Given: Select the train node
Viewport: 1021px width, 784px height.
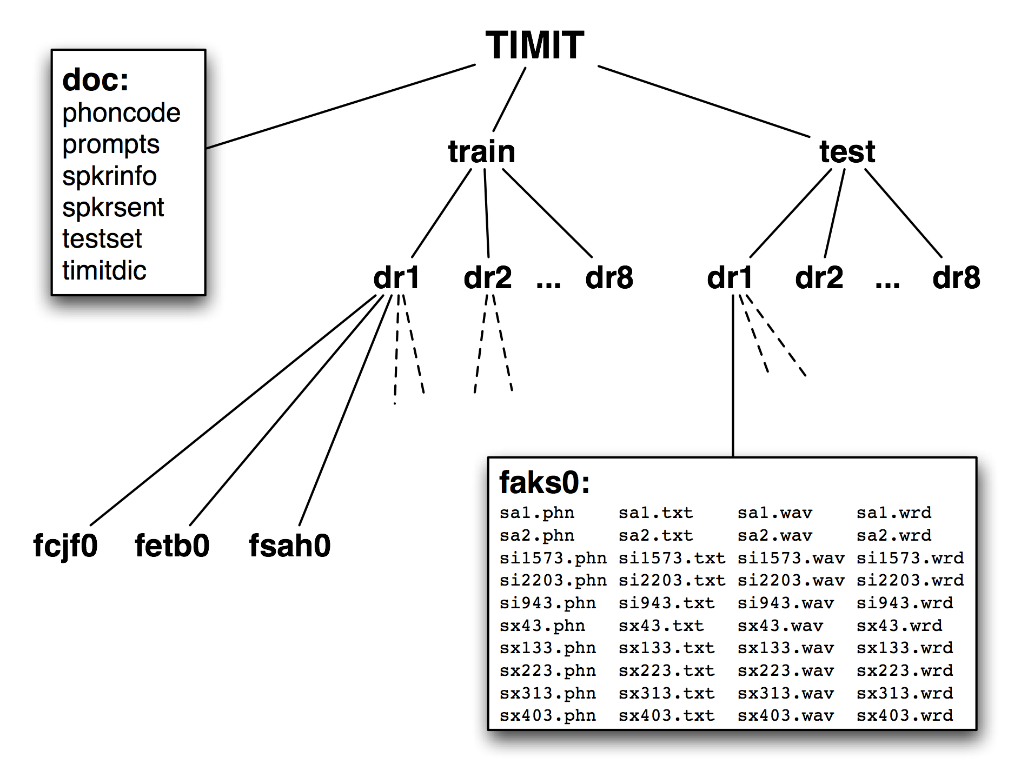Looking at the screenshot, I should coord(481,151).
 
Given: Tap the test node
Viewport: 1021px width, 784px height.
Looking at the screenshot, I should coord(847,151).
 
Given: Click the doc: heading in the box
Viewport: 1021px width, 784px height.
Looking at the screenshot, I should coord(96,80).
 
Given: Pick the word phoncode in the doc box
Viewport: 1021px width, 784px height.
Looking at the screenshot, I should coord(121,113).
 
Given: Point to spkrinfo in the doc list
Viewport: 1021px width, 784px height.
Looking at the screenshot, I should coord(109,176).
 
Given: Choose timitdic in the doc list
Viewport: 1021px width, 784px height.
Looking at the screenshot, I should coord(104,270).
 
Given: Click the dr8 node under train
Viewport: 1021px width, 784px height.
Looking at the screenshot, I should coord(609,278).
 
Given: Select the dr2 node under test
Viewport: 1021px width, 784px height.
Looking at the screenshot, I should coord(819,278).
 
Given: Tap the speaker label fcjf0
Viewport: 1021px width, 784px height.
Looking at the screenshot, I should coord(65,546).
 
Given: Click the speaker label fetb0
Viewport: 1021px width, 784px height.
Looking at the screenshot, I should coord(172,546).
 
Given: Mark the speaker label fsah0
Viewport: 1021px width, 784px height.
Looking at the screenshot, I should coord(289,546).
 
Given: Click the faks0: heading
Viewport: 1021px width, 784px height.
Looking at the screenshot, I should coord(544,482).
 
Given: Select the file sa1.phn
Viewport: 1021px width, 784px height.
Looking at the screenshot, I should coord(537,513).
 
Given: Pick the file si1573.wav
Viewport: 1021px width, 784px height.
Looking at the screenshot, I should coord(791,558).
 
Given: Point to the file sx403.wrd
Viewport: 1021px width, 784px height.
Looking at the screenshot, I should coord(905,716).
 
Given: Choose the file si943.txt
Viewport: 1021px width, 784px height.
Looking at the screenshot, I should coord(666,603).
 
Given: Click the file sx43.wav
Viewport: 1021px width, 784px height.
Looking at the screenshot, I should coord(780,626).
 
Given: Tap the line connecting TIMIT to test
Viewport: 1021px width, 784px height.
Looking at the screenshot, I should coord(703,101).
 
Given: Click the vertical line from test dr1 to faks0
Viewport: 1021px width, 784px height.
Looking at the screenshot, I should coord(733,378).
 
